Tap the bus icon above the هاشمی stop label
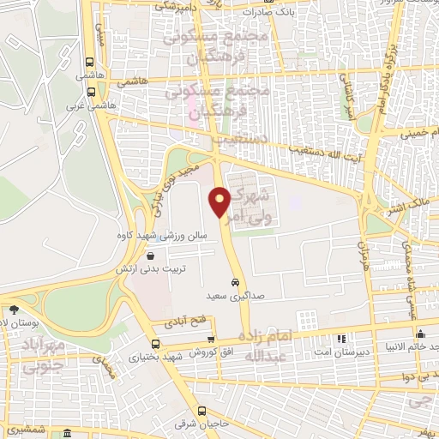coord(90,62)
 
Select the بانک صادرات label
coord(269,13)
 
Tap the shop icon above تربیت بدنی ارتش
coord(151,255)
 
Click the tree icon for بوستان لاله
coord(13,310)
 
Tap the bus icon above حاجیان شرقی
coord(202,411)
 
